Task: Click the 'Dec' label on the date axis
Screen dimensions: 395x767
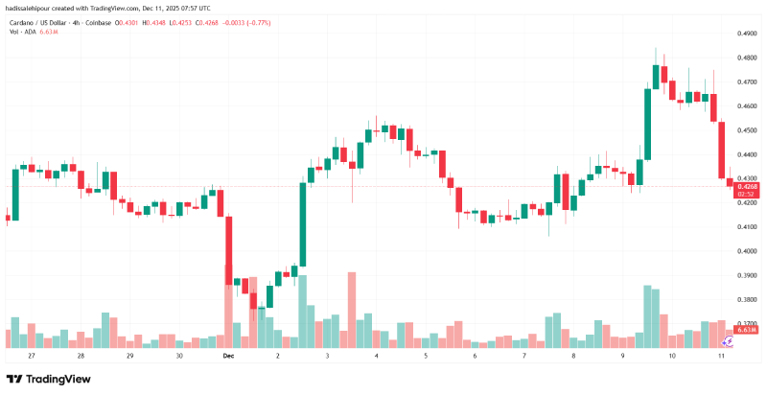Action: pyautogui.click(x=228, y=356)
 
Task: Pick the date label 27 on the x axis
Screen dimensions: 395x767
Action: pyautogui.click(x=32, y=356)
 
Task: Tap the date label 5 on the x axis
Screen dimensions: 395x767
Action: pyautogui.click(x=426, y=356)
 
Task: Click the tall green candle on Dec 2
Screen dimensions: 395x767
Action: pyautogui.click(x=303, y=223)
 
